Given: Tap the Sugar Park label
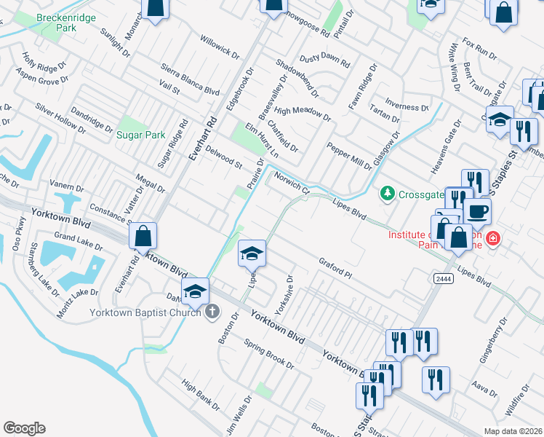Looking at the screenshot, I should pyautogui.click(x=140, y=135).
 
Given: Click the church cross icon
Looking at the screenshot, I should pyautogui.click(x=212, y=312).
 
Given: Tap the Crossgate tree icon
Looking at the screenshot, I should pyautogui.click(x=388, y=193).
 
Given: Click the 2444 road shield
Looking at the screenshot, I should pyautogui.click(x=443, y=278).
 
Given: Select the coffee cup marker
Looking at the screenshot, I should pyautogui.click(x=477, y=211).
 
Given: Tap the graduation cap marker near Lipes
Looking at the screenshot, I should pyautogui.click(x=252, y=253).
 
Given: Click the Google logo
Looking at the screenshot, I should pyautogui.click(x=24, y=428).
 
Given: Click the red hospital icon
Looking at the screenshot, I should pyautogui.click(x=493, y=238).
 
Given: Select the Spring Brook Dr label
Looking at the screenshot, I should pyautogui.click(x=268, y=354).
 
